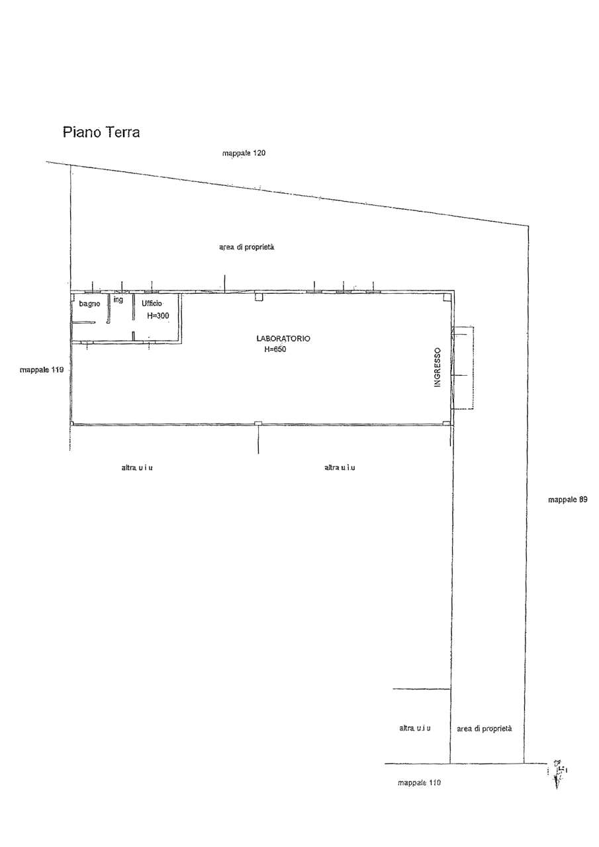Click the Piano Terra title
(x=101, y=132)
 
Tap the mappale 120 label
(x=244, y=153)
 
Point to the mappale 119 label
(x=42, y=369)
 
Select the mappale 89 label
(x=568, y=500)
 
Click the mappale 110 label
(x=419, y=782)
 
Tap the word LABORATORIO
(x=283, y=338)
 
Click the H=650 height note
(x=275, y=349)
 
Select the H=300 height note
(x=158, y=316)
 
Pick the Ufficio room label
(x=152, y=303)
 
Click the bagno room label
(x=89, y=304)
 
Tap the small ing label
(x=118, y=300)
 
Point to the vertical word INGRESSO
(x=438, y=367)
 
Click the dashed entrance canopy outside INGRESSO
(x=473, y=367)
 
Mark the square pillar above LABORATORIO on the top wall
(x=258, y=296)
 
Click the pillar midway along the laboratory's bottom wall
(x=258, y=423)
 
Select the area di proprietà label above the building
(x=247, y=247)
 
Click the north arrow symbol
(x=557, y=774)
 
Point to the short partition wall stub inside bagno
(x=83, y=322)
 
